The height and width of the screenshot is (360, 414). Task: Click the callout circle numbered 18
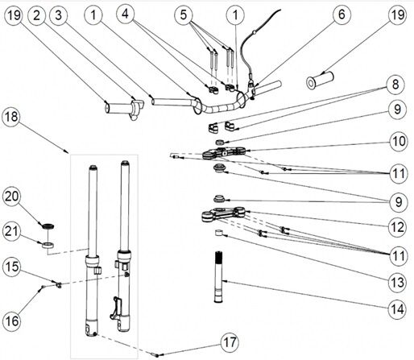point(11,117)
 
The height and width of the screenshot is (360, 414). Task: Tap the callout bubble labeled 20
point(12,197)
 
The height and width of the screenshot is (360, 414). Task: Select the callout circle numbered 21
point(12,231)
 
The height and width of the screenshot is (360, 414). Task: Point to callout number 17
point(230,342)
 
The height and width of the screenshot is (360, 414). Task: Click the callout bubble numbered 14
point(398,309)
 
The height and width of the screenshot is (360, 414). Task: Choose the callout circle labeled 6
point(342,14)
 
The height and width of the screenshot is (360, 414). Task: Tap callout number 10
point(399,141)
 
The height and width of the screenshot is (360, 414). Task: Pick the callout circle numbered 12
point(398,227)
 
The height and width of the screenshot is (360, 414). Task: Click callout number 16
point(12,321)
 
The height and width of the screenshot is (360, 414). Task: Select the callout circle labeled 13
point(398,282)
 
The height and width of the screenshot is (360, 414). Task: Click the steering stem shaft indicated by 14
point(219,277)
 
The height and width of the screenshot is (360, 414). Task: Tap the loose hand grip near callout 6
point(320,80)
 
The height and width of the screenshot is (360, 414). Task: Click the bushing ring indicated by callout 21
point(48,245)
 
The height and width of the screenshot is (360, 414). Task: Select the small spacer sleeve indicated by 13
point(219,233)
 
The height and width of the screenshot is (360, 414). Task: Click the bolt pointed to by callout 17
point(155,355)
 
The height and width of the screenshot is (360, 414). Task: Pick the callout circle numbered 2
point(37,15)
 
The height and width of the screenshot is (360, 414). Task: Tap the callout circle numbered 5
point(184,14)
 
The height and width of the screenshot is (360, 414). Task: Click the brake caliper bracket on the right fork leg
point(116,308)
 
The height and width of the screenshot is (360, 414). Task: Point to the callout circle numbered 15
point(12,267)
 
